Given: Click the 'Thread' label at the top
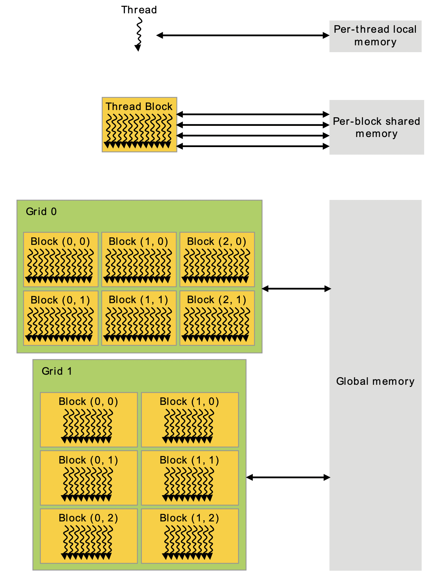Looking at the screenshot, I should tap(139, 10).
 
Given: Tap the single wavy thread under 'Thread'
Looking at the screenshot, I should tap(138, 34).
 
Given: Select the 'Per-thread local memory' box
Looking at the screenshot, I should tap(375, 36).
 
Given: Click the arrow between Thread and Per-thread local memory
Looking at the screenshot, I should tap(243, 35).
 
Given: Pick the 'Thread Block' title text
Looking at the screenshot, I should tap(139, 106).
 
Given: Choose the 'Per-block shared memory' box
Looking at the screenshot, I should tap(376, 127).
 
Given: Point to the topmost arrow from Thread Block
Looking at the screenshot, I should tap(253, 114).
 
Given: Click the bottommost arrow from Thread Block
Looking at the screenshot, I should tap(253, 146).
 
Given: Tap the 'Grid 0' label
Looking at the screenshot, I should tap(41, 211).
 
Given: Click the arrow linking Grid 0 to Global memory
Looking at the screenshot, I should tap(296, 288).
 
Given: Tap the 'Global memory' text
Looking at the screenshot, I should tap(375, 381).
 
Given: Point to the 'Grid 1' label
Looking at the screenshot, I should tap(57, 371).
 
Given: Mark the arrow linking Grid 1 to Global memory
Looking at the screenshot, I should tap(288, 477).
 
